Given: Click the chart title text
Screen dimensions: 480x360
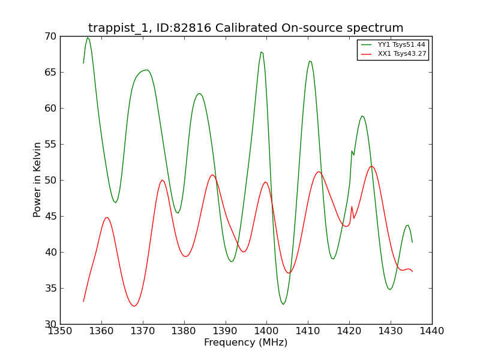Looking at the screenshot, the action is tap(245, 28).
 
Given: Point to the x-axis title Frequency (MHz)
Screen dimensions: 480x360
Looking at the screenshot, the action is tap(246, 342).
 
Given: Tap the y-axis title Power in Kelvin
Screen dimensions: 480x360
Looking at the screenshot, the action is tap(37, 180).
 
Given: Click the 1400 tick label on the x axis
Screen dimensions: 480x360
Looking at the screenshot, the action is tap(266, 331).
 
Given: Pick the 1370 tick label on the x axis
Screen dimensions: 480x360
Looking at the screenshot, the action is tap(143, 331).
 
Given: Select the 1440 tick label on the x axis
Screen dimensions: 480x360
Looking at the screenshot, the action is tap(431, 331).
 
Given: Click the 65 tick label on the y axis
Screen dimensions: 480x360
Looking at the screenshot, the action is tap(50, 72).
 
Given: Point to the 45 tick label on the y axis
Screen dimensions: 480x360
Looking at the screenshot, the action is tap(50, 217).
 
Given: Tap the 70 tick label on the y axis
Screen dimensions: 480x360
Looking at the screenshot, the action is tap(50, 37).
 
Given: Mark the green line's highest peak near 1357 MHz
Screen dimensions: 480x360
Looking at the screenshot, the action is tap(88, 38).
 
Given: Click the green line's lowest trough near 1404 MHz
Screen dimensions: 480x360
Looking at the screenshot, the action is tap(283, 304).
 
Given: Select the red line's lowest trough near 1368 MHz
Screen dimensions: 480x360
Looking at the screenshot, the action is tap(134, 306).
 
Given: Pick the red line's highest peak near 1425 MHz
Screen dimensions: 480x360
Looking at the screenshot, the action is tap(371, 167).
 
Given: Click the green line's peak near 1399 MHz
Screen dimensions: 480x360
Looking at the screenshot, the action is tap(261, 52).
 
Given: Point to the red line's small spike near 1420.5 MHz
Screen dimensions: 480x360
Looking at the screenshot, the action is tap(352, 206).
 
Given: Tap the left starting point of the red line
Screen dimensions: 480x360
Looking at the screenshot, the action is tap(83, 302).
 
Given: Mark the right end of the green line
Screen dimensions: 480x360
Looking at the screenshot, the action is tap(412, 242).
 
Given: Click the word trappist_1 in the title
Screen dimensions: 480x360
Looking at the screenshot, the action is tap(119, 28).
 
